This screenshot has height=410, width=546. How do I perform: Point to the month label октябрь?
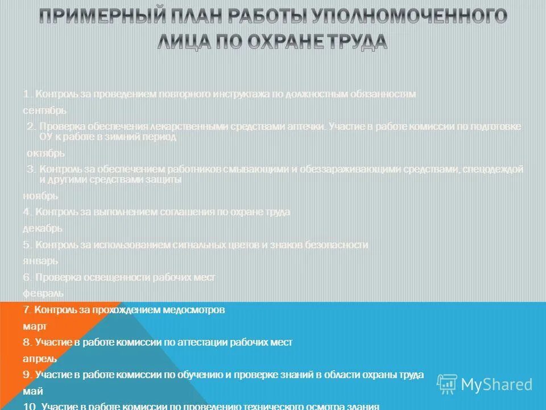45,153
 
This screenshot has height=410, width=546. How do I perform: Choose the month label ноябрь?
40,196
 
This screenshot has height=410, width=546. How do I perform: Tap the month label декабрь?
42,228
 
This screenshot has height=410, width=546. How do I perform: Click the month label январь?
40,261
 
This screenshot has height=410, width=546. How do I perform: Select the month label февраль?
43,293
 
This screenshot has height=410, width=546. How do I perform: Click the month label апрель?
39,359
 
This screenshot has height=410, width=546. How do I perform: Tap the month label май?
32,391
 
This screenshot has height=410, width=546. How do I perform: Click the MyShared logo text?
496,384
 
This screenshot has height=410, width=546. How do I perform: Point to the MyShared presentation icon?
446,384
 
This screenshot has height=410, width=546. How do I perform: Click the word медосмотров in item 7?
195,310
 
